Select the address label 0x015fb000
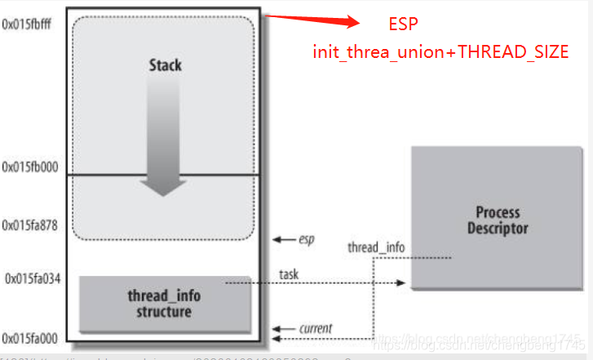tap(30, 167)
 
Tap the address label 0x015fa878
tap(30, 224)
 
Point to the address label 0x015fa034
tap(32, 278)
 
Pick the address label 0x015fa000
tap(30, 337)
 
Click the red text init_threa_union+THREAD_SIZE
tap(440, 51)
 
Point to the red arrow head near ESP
tap(352, 22)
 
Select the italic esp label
tap(306, 240)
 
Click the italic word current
tap(315, 328)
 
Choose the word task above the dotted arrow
tap(290, 274)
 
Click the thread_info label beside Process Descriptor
tap(374, 247)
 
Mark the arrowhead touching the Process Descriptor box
tap(401, 283)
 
